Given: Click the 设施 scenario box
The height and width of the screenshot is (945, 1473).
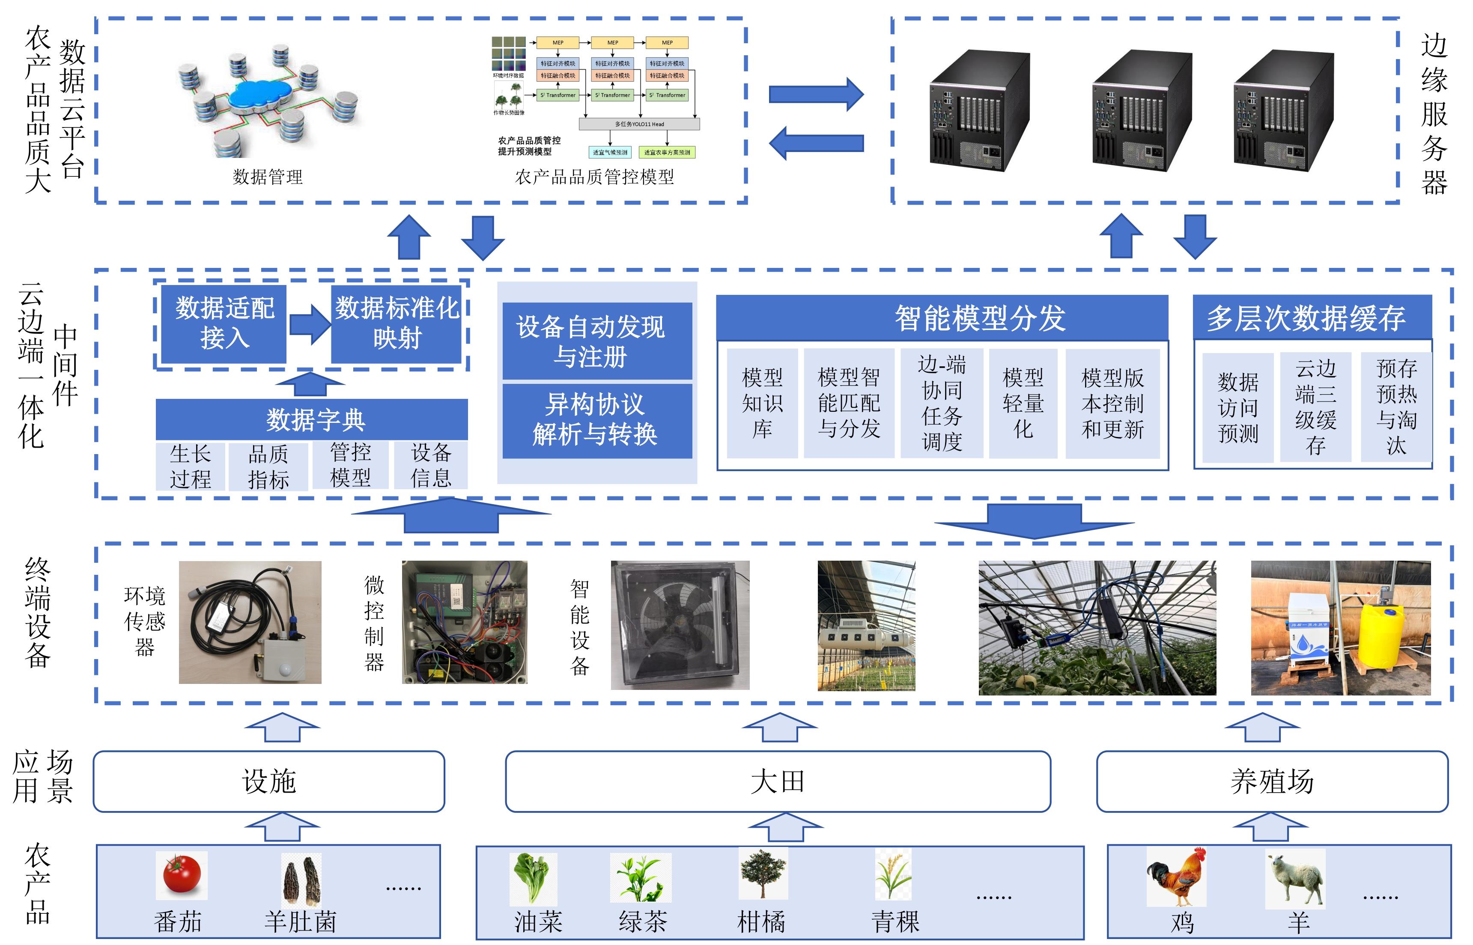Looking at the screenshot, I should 269,781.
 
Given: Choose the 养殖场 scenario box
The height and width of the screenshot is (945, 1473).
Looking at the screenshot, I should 1272,781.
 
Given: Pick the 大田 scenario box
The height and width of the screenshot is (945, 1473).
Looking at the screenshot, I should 778,781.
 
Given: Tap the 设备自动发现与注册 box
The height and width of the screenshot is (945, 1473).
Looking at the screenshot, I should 596,341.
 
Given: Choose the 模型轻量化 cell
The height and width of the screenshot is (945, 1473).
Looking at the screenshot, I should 1023,403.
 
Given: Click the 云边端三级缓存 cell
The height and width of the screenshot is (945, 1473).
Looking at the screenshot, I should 1315,407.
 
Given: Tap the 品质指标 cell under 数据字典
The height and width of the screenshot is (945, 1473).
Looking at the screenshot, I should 268,467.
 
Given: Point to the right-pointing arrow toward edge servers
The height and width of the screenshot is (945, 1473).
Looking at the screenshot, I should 816,94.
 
